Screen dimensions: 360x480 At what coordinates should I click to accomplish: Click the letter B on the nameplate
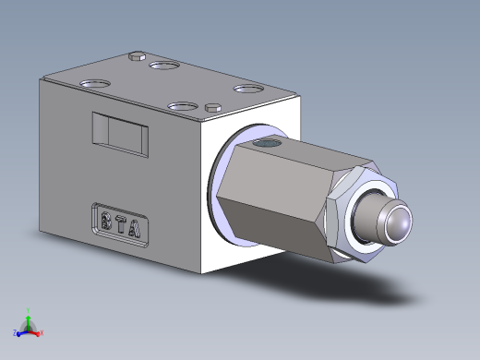click(x=106, y=221)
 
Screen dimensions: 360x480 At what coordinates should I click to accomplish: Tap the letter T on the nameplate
click(x=121, y=222)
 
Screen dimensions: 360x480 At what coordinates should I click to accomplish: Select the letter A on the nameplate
click(x=135, y=225)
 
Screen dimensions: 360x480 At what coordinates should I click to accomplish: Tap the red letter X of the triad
click(x=42, y=331)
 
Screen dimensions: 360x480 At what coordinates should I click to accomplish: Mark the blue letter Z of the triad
click(x=15, y=332)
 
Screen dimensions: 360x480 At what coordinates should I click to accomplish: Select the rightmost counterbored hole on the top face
click(x=247, y=90)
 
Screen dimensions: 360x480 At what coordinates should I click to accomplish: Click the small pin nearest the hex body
click(x=214, y=105)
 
